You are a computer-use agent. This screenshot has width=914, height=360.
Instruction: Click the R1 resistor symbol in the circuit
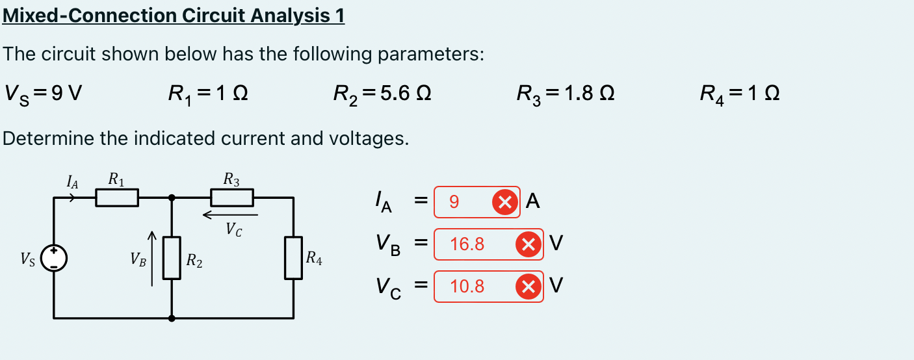point(117,198)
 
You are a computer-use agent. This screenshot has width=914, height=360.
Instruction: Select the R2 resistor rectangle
point(172,258)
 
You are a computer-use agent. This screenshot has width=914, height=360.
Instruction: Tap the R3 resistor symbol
point(232,198)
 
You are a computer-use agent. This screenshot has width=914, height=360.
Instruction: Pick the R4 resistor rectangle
point(294,258)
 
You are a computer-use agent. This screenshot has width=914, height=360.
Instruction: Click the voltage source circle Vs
point(54,258)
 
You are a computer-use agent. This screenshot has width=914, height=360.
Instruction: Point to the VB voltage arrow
point(152,258)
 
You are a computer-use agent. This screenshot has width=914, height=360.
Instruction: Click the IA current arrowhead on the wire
point(73,198)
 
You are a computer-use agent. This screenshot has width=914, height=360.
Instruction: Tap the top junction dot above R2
point(172,198)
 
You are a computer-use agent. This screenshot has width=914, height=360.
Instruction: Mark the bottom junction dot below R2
point(172,318)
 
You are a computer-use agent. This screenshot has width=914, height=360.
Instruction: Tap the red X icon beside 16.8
point(528,244)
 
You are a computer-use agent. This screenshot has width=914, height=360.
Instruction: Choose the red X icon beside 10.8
point(528,286)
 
